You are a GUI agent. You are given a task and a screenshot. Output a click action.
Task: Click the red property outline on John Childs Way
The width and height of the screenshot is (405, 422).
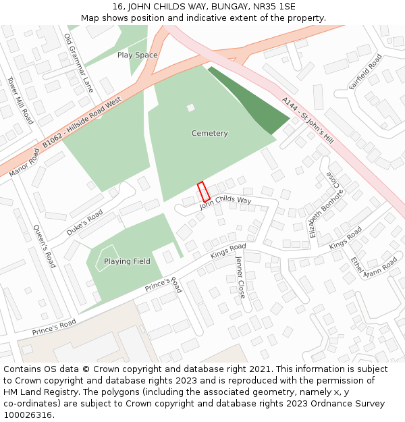coord(203,192)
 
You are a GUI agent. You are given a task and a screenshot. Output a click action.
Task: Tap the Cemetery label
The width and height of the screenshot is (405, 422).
coord(209,134)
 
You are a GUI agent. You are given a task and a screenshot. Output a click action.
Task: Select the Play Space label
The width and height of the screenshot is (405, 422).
coord(137,55)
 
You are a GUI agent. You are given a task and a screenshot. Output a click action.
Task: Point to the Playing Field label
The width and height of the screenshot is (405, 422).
coord(127,261)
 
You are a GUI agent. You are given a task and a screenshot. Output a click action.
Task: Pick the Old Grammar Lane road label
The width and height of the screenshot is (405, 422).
coord(78,63)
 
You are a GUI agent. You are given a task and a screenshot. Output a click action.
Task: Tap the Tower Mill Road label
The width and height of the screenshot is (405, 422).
coord(21,100)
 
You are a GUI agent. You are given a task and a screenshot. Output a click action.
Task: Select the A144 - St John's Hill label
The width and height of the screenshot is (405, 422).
coord(308,120)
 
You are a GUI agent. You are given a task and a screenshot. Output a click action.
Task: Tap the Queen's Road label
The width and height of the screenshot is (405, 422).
coord(45,246)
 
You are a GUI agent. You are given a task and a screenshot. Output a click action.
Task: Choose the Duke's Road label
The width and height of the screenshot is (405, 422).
coord(84,223)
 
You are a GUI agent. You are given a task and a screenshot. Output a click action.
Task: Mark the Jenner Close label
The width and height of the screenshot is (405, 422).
coord(240,277)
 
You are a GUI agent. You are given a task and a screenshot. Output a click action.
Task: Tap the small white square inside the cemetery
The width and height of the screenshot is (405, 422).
coord(190,107)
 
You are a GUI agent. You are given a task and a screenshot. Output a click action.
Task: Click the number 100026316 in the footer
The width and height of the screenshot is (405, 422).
coord(27,415)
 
